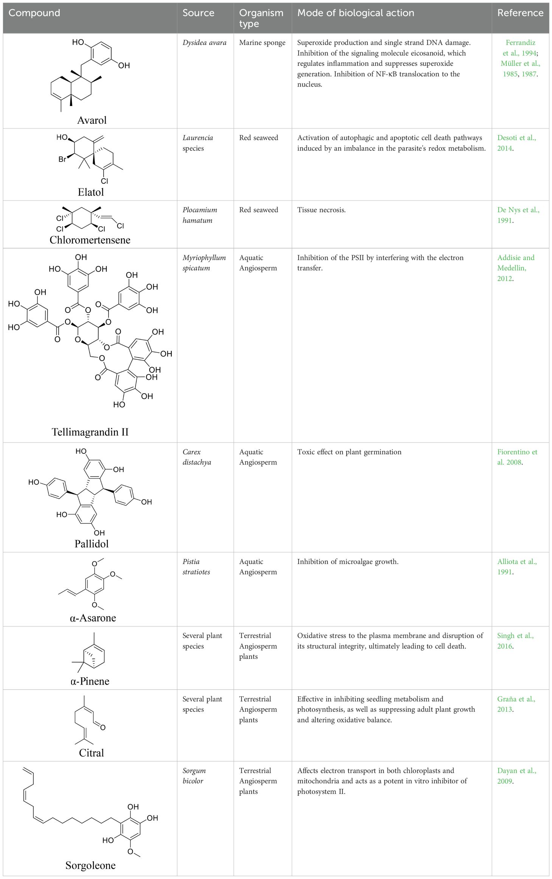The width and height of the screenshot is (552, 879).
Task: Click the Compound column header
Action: (x=34, y=13)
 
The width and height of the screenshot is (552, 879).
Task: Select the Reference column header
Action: (x=520, y=13)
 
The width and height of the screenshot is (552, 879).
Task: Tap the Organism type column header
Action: (x=261, y=18)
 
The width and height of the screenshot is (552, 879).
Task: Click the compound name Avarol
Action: (x=92, y=120)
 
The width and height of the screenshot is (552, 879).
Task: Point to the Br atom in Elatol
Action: (x=62, y=159)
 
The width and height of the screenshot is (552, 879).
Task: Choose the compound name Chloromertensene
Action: (x=90, y=240)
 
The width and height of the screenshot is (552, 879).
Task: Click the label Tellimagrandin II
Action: (x=90, y=432)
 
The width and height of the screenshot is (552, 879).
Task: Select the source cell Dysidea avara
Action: (x=204, y=43)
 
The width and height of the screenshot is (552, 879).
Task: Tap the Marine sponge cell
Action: (x=262, y=43)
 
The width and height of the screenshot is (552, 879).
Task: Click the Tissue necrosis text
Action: (x=321, y=210)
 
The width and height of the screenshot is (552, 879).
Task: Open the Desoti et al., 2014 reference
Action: (x=516, y=143)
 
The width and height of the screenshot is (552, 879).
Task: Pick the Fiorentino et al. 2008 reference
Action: (x=517, y=457)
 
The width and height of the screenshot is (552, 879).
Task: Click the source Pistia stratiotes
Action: (x=196, y=567)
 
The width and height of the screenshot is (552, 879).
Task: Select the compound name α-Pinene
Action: (x=90, y=681)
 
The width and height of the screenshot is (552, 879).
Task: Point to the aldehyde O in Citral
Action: (x=103, y=727)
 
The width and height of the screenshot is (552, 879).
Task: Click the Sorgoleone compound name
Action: (x=90, y=865)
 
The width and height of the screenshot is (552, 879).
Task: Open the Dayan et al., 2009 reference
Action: (x=516, y=776)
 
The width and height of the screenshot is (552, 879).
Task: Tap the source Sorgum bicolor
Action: (x=194, y=776)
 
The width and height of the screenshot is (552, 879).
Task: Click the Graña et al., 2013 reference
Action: (x=516, y=704)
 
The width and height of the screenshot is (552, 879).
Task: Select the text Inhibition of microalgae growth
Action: (x=347, y=562)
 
